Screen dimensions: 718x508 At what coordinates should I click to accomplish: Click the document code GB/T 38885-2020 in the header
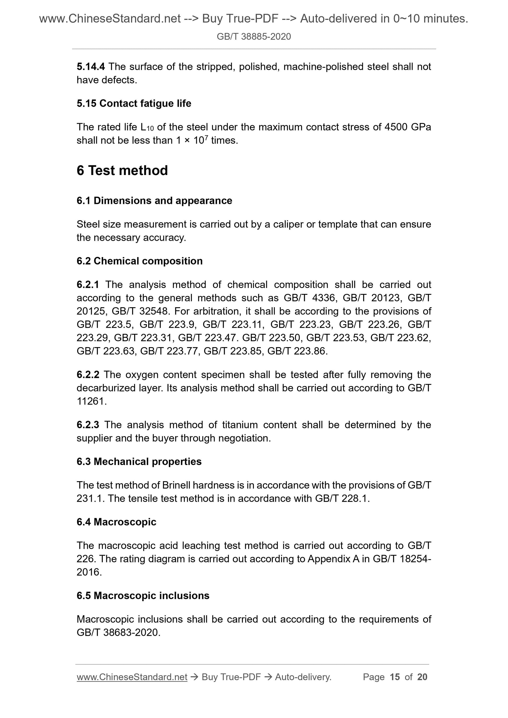pos(253,37)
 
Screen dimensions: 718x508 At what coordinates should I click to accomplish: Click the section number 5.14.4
pos(91,67)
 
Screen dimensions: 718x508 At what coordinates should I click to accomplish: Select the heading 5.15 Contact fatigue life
pos(134,103)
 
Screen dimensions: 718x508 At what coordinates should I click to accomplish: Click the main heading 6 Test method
pos(122,170)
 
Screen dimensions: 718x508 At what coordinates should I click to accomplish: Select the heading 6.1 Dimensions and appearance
pos(154,201)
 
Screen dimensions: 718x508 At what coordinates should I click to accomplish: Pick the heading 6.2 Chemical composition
pos(139,261)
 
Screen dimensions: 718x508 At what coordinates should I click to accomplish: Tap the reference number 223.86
pos(310,351)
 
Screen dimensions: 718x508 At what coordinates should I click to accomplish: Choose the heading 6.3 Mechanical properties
pos(139,461)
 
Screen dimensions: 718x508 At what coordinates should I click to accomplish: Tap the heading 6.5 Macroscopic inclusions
pos(143,595)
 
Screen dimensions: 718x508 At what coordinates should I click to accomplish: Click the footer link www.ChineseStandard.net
pos(132,677)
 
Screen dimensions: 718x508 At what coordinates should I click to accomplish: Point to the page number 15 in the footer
pos(395,677)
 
